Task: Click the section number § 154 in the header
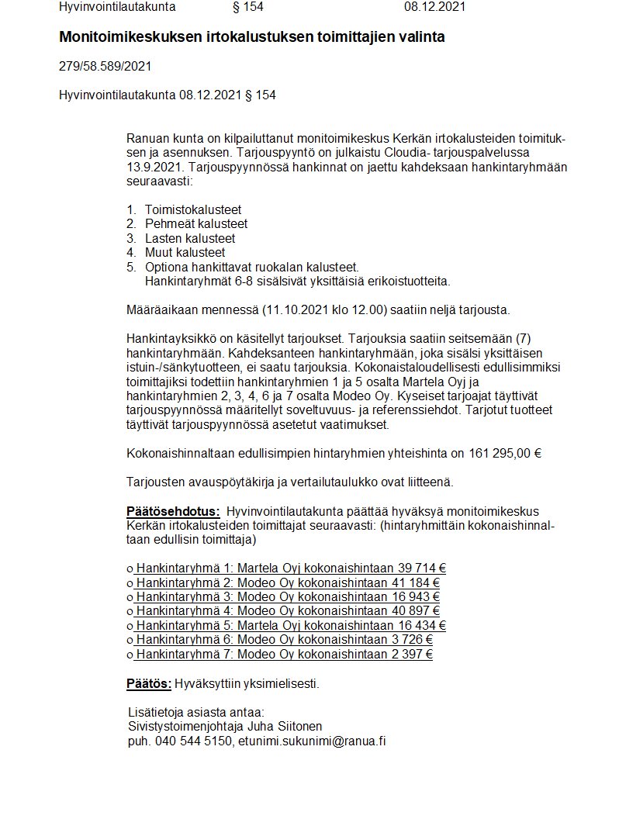tap(248, 7)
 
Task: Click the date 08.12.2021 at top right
tap(435, 7)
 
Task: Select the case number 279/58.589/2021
tap(105, 66)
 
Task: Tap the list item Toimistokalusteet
tap(193, 209)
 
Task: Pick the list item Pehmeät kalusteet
tap(196, 224)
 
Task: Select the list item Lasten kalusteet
tap(190, 238)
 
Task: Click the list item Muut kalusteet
tap(185, 252)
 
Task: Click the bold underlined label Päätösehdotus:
tap(173, 511)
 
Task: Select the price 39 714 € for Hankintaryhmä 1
tap(419, 568)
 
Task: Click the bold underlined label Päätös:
tap(149, 683)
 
